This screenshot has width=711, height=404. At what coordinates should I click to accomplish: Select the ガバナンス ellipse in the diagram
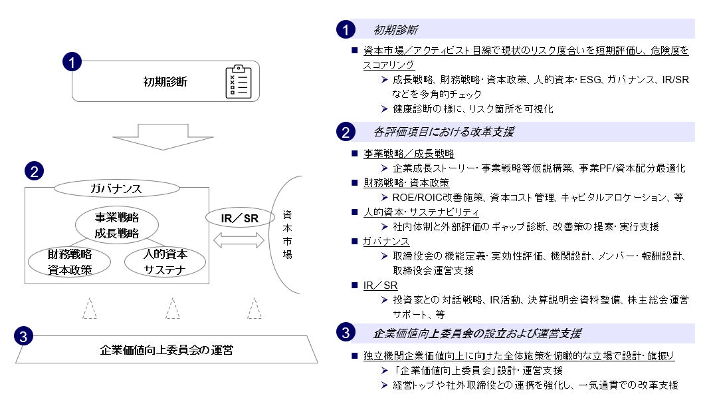(116, 188)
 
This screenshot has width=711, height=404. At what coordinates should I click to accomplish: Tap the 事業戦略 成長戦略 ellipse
(116, 224)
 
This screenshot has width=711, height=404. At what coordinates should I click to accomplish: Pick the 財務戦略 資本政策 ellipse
(69, 262)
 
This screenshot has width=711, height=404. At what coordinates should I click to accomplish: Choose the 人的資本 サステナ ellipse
(165, 262)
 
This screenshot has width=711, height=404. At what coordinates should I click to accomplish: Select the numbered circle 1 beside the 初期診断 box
(71, 63)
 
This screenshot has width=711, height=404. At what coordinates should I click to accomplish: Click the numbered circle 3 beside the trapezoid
(23, 337)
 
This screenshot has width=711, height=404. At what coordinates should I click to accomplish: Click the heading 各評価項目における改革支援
(443, 132)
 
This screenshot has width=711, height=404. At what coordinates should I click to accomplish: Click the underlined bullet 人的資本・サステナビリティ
(421, 212)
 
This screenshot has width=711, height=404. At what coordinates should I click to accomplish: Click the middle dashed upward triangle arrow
(173, 308)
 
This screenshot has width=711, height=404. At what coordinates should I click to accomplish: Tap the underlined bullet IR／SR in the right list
(380, 285)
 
